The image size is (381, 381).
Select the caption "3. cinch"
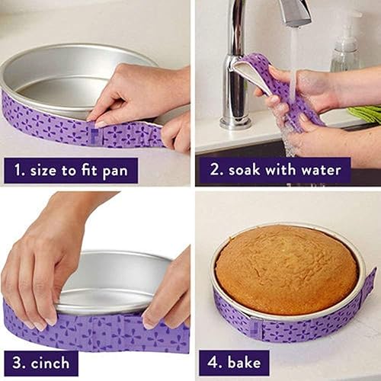pyautogui.click(x=40, y=362)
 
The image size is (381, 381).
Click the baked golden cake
pyautogui.click(x=286, y=268)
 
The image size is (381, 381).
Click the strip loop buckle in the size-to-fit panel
pyautogui.click(x=96, y=136)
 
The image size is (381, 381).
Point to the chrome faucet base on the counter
pyautogui.click(x=235, y=120)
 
